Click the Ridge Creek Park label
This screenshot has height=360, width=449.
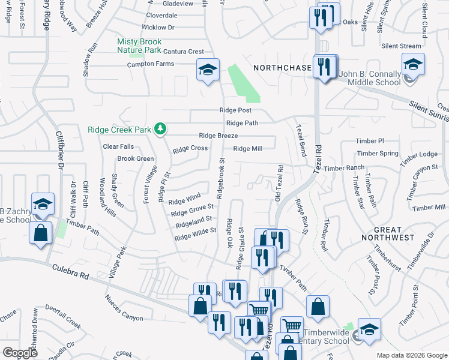pyautogui.click(x=119, y=129)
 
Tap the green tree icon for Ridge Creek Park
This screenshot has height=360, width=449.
pyautogui.click(x=160, y=128)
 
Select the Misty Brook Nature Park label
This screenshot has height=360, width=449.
pyautogui.click(x=139, y=46)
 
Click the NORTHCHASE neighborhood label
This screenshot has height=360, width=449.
pyautogui.click(x=282, y=68)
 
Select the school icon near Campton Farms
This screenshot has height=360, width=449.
pyautogui.click(x=208, y=71)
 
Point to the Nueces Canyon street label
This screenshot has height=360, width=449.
pyautogui.click(x=124, y=307)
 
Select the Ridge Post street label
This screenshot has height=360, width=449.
pyautogui.click(x=235, y=111)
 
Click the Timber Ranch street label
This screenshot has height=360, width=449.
pyautogui.click(x=344, y=169)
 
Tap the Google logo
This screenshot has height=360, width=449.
pyautogui.click(x=20, y=353)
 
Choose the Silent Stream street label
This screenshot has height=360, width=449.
pyautogui.click(x=402, y=46)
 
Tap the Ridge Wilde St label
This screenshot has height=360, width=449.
pyautogui.click(x=195, y=234)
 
